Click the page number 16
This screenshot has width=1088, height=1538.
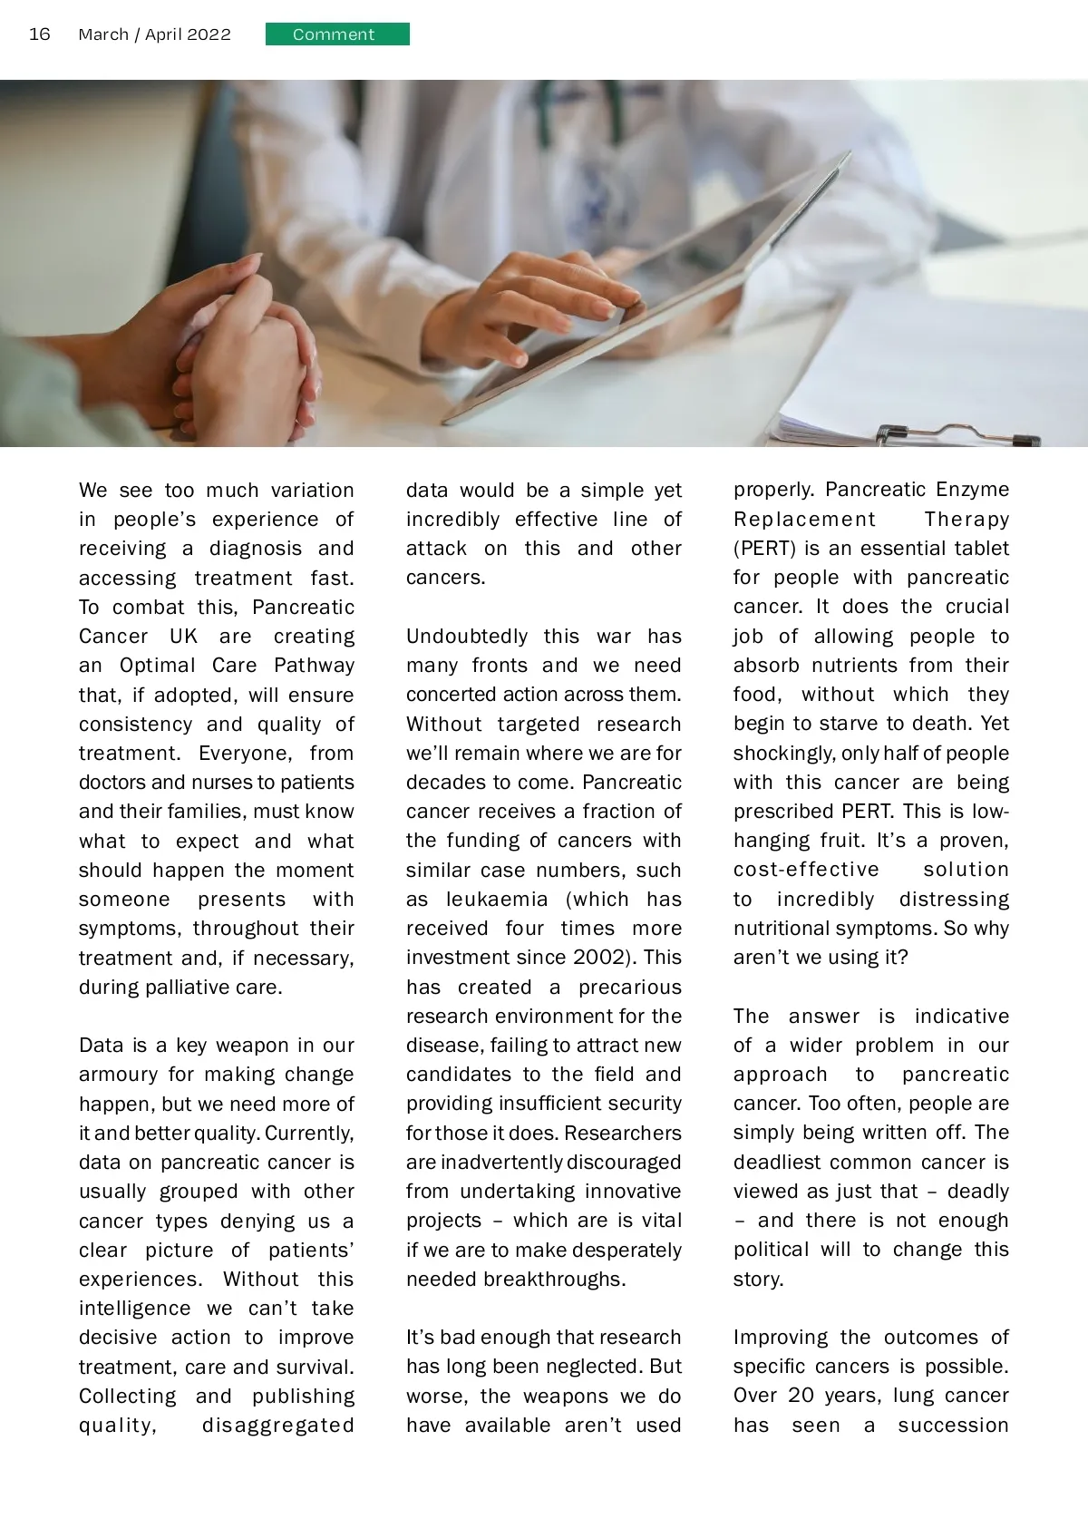(x=40, y=34)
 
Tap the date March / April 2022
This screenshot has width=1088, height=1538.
(x=154, y=34)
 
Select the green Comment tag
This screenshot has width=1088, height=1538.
(x=337, y=34)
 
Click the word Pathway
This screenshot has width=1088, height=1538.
(x=314, y=666)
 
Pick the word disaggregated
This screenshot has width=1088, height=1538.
(x=277, y=1426)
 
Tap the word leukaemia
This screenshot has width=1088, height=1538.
(x=497, y=900)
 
